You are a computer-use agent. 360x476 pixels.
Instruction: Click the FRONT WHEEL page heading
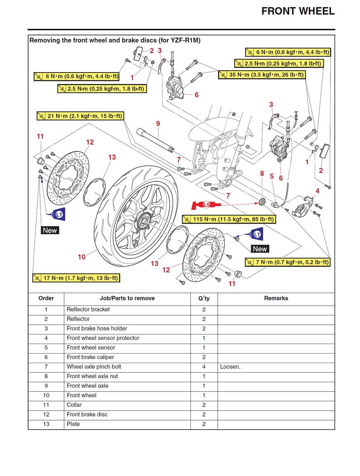298,11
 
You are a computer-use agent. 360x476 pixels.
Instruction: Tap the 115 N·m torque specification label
228,219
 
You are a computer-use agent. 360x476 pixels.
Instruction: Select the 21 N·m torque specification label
80,117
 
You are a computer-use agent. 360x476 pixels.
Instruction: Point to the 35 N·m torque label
261,75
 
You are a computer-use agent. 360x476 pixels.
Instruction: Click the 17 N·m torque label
76,278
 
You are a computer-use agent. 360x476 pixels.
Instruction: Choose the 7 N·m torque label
287,262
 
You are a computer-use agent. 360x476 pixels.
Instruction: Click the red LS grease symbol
206,205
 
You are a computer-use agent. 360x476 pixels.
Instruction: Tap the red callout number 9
158,123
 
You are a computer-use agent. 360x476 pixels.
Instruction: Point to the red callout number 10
82,257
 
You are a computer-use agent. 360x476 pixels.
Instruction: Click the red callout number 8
262,173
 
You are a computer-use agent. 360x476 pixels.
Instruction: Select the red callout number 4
317,191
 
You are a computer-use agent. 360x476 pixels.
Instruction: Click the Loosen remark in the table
230,367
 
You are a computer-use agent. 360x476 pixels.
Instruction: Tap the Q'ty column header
204,298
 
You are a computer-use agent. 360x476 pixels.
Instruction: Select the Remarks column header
276,298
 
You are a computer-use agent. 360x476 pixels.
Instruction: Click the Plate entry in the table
73,424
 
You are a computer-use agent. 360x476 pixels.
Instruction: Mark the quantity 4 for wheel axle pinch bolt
204,367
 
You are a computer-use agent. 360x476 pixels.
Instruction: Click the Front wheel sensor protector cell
103,338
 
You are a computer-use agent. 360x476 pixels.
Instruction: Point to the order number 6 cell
46,357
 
